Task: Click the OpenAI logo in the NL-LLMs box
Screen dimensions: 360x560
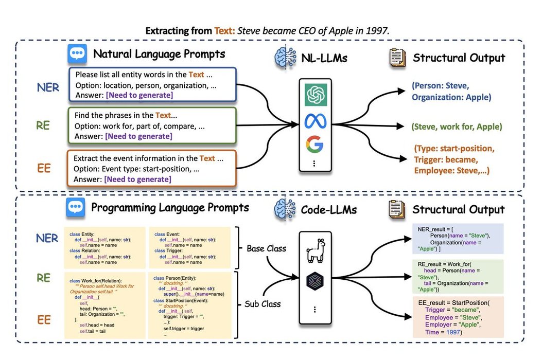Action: pyautogui.click(x=313, y=95)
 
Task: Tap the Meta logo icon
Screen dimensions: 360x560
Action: pyautogui.click(x=313, y=120)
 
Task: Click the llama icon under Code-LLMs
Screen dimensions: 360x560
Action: pyautogui.click(x=313, y=250)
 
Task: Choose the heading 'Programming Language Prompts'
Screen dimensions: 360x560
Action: pyautogui.click(x=170, y=208)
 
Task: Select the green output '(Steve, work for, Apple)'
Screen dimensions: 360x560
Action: pyautogui.click(x=457, y=127)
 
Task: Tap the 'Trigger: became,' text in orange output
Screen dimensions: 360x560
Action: pyautogui.click(x=446, y=159)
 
